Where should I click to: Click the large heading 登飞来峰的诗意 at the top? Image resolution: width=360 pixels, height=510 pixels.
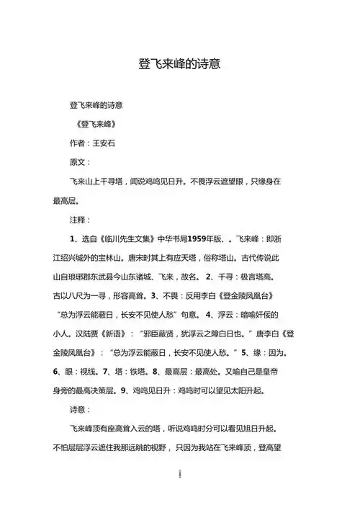pos(179,63)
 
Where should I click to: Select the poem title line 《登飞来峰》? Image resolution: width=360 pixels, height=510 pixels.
pos(96,124)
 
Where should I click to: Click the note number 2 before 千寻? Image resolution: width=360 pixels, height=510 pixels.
pos(207,277)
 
